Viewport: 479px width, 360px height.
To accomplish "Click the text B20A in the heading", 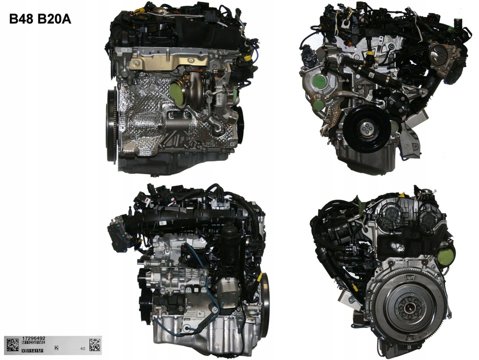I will pyautogui.click(x=53, y=20).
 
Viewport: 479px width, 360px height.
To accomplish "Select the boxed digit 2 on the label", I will pyautogui.click(x=57, y=348).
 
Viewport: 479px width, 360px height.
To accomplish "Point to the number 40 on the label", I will pyautogui.click(x=83, y=348).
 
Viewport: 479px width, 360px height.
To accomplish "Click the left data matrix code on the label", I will pyautogui.click(x=13, y=345).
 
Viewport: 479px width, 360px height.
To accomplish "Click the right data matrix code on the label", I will pyautogui.click(x=94, y=344).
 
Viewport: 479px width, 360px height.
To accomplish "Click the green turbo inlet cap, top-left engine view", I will pyautogui.click(x=179, y=92).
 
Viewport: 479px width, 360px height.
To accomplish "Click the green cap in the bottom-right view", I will pyautogui.click(x=447, y=257).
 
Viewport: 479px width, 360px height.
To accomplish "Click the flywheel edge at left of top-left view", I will pyautogui.click(x=111, y=124).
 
